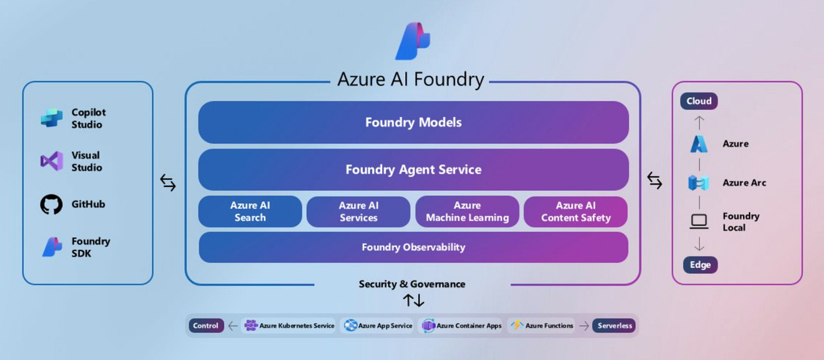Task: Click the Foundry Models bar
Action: click(x=413, y=122)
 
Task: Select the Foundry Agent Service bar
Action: click(x=413, y=170)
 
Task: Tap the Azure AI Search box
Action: click(x=250, y=212)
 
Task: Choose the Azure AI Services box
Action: click(x=358, y=212)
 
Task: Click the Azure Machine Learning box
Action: click(x=467, y=212)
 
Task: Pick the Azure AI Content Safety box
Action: click(x=576, y=212)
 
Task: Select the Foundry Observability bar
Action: click(x=413, y=247)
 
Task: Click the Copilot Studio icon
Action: click(x=51, y=118)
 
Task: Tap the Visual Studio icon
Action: click(x=51, y=161)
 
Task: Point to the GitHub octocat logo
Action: click(x=51, y=204)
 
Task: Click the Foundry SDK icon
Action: click(x=52, y=247)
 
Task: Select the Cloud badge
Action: click(x=699, y=101)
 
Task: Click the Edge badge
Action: click(x=700, y=265)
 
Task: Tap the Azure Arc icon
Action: click(x=698, y=183)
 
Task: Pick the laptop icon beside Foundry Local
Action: click(x=699, y=221)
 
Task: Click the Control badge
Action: click(x=206, y=325)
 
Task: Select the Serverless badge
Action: click(x=613, y=325)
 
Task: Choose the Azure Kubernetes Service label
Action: click(x=296, y=325)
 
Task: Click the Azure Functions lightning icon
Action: click(x=517, y=325)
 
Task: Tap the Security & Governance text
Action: click(x=412, y=284)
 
